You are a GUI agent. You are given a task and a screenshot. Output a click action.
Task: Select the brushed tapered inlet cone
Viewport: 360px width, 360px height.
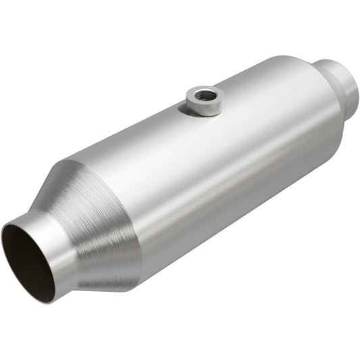[x=95, y=216]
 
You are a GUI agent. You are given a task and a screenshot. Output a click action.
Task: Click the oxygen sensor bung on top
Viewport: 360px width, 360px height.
[x=203, y=101]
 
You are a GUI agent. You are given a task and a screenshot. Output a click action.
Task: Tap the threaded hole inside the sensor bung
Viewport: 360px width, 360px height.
[x=204, y=96]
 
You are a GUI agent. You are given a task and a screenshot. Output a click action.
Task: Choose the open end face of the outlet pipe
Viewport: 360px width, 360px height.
[x=354, y=84]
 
